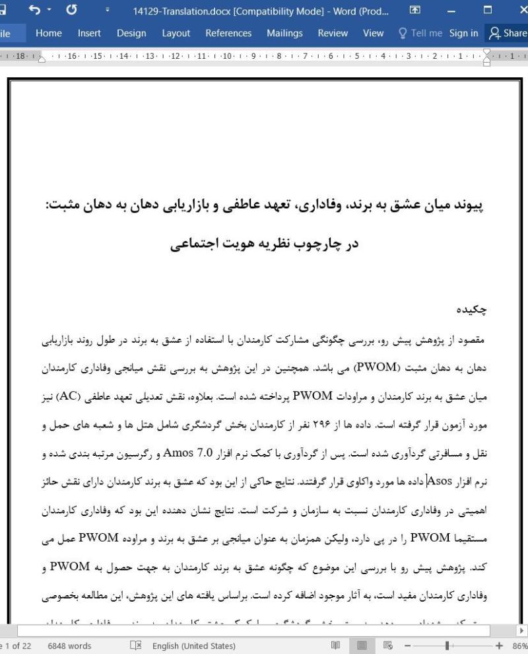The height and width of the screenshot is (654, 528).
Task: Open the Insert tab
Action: (x=89, y=33)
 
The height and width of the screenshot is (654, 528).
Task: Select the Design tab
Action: (x=131, y=33)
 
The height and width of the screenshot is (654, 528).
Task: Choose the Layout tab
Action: (x=176, y=33)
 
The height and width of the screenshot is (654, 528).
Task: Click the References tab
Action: (x=228, y=33)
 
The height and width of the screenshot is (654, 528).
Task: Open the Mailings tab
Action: (x=284, y=33)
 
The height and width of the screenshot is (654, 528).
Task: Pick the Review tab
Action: (x=333, y=33)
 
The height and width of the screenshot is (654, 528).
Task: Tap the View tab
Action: (x=373, y=33)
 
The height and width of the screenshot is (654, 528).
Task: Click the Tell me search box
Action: (x=418, y=33)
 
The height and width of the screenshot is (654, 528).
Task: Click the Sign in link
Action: (x=463, y=33)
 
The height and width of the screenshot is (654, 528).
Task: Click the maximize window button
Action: (x=488, y=11)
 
